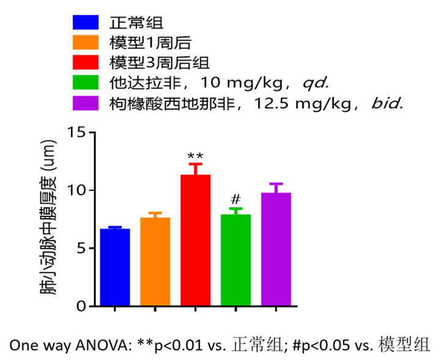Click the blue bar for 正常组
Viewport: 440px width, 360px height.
tap(115, 267)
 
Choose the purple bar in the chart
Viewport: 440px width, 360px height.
tap(276, 249)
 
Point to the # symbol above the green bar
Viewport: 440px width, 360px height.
tap(235, 200)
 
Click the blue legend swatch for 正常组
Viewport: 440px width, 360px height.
tap(86, 23)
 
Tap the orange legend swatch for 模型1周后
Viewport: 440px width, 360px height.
tap(86, 43)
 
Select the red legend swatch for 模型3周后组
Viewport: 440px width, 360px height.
tap(86, 62)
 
